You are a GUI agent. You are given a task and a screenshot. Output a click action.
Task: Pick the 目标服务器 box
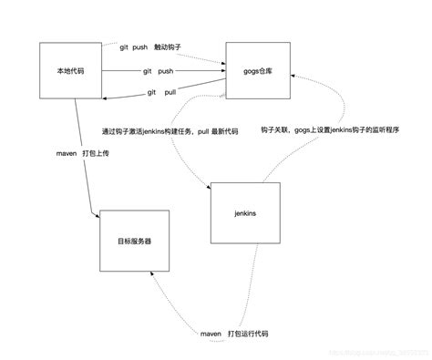[135, 241]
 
